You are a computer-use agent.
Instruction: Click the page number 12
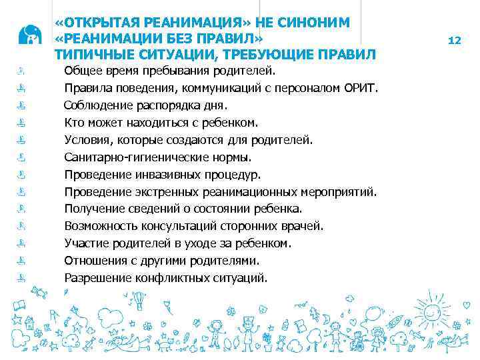tap(455, 41)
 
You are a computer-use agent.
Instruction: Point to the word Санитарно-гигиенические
tap(132, 157)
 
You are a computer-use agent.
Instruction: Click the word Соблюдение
tap(98, 105)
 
